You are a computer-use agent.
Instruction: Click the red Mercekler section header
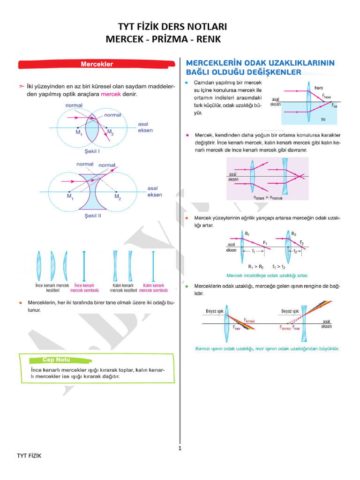pyautogui.click(x=97, y=64)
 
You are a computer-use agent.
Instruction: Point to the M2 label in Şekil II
pyautogui.click(x=118, y=197)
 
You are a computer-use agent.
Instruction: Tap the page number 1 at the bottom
pyautogui.click(x=180, y=448)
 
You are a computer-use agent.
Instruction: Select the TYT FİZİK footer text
pyautogui.click(x=29, y=456)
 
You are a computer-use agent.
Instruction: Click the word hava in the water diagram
pyautogui.click(x=319, y=88)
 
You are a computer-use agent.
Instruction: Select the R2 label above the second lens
pyautogui.click(x=294, y=233)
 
